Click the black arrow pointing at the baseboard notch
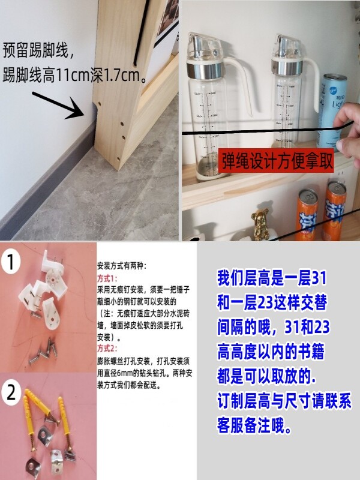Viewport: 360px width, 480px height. click(58, 105)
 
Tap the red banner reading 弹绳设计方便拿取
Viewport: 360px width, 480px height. click(276, 160)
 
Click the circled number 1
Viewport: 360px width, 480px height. click(10, 262)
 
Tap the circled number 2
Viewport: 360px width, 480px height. click(11, 393)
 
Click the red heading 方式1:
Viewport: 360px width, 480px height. click(107, 278)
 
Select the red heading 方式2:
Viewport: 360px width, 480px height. click(107, 349)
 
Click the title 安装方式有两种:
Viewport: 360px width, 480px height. click(122, 266)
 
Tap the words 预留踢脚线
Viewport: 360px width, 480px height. click(35, 50)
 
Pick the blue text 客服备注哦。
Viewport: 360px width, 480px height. click(254, 425)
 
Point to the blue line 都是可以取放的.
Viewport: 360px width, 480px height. click(266, 376)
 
